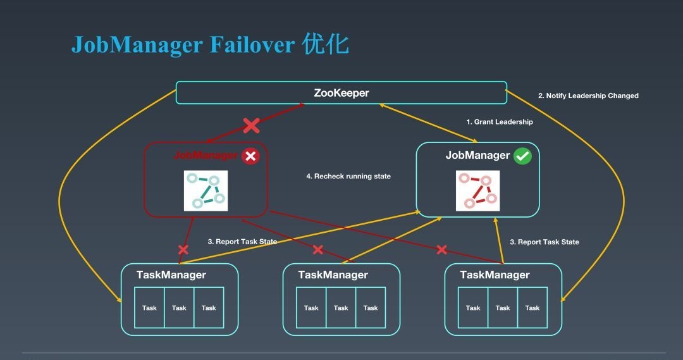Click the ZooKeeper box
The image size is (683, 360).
point(341,93)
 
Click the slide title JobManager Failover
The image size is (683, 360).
point(209,45)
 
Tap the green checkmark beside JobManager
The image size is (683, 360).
point(523,156)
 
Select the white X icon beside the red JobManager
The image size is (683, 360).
point(250,156)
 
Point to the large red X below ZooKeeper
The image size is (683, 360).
point(251,125)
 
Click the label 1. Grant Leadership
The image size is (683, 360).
point(500,122)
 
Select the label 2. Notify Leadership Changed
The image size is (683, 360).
point(588,96)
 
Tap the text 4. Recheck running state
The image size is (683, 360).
point(348,177)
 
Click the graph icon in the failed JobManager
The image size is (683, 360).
point(205,190)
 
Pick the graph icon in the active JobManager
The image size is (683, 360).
point(477,190)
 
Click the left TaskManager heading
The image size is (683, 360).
point(171,275)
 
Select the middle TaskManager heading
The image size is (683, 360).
point(333,275)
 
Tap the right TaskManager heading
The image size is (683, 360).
point(495,275)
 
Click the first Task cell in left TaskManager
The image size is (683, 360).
point(149,308)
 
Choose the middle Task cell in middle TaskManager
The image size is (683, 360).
point(341,308)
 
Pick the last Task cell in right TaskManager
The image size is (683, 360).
point(532,308)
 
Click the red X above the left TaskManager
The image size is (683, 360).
point(183,250)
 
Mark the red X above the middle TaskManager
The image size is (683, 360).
point(318,250)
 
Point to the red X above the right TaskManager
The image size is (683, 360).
point(442,250)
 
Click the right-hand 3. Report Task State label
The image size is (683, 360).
point(545,242)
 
